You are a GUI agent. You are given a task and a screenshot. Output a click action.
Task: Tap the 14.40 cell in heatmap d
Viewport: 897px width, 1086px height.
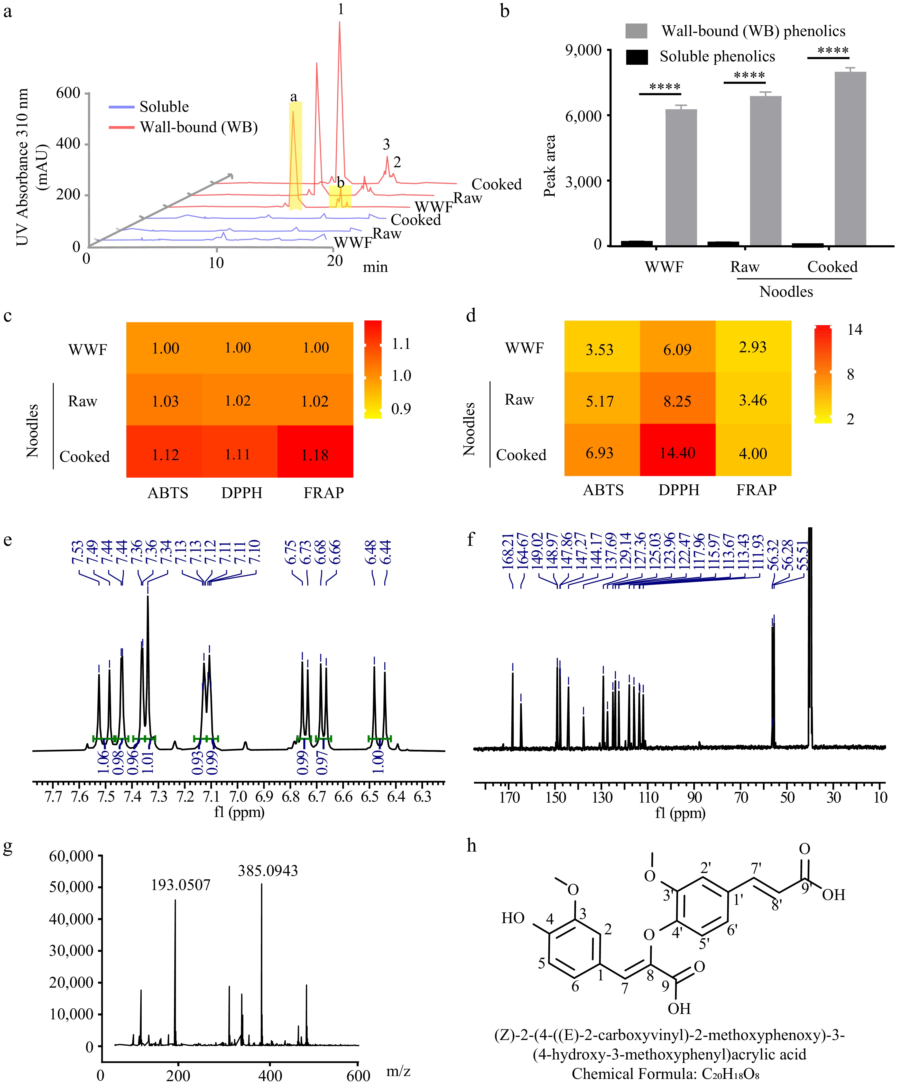pyautogui.click(x=677, y=453)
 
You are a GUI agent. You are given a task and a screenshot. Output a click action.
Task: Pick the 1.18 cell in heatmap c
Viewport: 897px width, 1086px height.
pyautogui.click(x=315, y=455)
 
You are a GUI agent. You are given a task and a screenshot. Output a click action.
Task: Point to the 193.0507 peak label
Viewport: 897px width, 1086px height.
pyautogui.click(x=180, y=885)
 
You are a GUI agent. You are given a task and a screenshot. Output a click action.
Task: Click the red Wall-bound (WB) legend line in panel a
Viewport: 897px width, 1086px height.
pyautogui.click(x=122, y=127)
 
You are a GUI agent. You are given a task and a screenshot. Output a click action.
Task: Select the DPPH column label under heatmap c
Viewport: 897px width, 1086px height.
pyautogui.click(x=242, y=493)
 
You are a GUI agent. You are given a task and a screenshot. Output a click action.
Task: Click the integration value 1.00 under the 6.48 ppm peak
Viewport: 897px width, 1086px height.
pyautogui.click(x=379, y=761)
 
